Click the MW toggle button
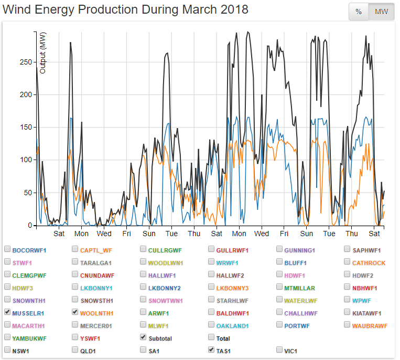[382, 12]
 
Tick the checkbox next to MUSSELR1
[7, 312]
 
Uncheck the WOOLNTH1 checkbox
[75, 312]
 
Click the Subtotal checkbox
[144, 337]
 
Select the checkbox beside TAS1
[211, 350]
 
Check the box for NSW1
[7, 350]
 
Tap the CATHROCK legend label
[369, 263]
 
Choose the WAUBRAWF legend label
[370, 326]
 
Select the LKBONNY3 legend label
[232, 288]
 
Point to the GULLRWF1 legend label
[232, 250]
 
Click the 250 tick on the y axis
[26, 62]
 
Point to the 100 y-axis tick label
[26, 160]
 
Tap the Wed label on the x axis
[104, 234]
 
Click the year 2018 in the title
[232, 10]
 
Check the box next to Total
[211, 337]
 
